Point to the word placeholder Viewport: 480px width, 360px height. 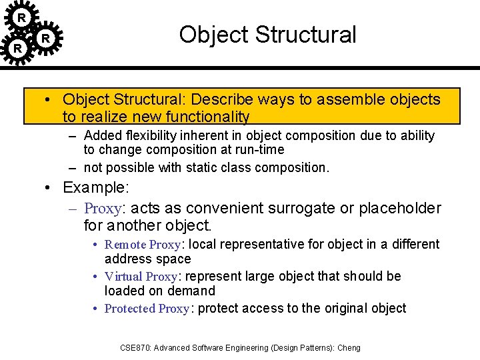[x=400, y=209]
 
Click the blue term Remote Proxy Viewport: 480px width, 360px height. [x=143, y=245]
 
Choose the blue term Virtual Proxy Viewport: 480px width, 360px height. [x=141, y=277]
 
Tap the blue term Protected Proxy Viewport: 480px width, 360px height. [x=147, y=309]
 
